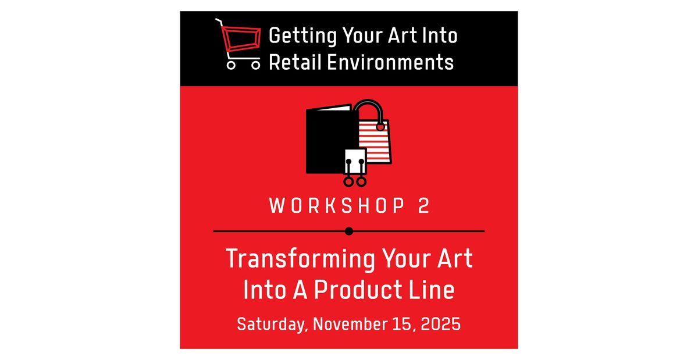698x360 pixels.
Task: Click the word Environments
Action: [390, 62]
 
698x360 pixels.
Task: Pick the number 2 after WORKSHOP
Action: [423, 206]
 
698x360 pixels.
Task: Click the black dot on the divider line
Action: [349, 231]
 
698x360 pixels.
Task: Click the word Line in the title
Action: [433, 290]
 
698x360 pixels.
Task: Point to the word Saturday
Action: [272, 323]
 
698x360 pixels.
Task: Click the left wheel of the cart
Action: [231, 65]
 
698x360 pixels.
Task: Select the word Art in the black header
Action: [396, 36]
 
